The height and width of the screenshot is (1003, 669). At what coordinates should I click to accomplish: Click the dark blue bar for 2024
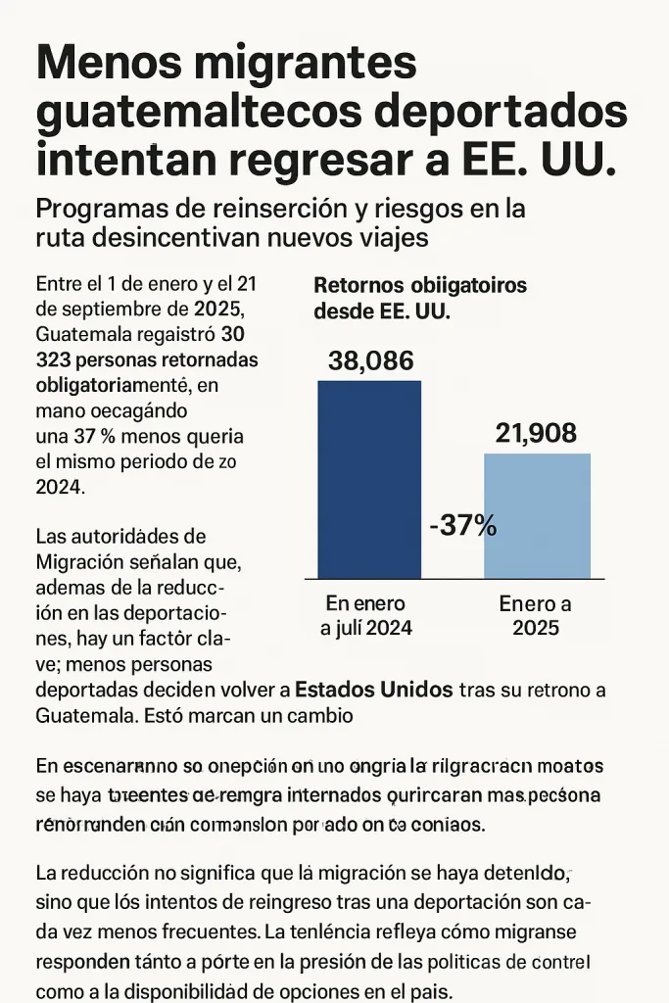click(369, 479)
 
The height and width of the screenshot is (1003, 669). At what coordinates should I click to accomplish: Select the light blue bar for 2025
click(537, 515)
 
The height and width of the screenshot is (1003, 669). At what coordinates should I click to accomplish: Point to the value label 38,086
click(370, 360)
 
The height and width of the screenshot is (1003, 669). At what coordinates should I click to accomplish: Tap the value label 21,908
click(536, 433)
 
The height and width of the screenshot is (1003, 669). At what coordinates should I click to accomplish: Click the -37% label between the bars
click(463, 526)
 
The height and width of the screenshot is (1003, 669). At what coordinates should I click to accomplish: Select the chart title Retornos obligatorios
click(420, 286)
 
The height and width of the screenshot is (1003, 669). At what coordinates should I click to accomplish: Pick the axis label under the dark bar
click(366, 616)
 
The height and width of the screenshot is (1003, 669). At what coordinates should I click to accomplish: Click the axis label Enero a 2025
click(535, 616)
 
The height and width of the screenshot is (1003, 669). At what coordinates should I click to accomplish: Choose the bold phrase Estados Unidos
click(373, 689)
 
